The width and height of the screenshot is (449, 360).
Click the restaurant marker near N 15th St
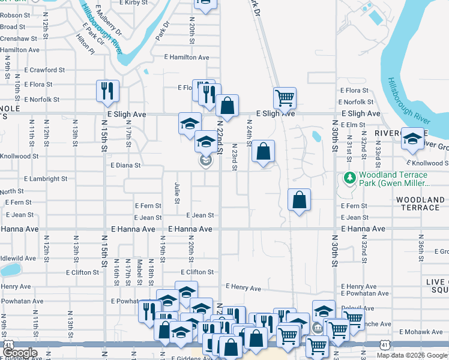(107, 91)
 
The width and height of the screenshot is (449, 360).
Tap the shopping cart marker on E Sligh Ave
(284, 97)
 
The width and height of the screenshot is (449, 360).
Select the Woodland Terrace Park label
(393, 179)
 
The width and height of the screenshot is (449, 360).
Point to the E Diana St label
(125, 165)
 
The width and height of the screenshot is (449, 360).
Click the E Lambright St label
(46, 179)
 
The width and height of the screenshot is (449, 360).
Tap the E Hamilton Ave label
(187, 58)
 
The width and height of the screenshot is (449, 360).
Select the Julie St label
(177, 193)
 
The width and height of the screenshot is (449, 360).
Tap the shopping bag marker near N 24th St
(263, 151)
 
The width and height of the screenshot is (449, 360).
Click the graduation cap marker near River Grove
(412, 138)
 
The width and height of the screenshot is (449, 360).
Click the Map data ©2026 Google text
(411, 355)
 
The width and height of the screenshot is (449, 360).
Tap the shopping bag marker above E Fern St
(299, 200)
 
